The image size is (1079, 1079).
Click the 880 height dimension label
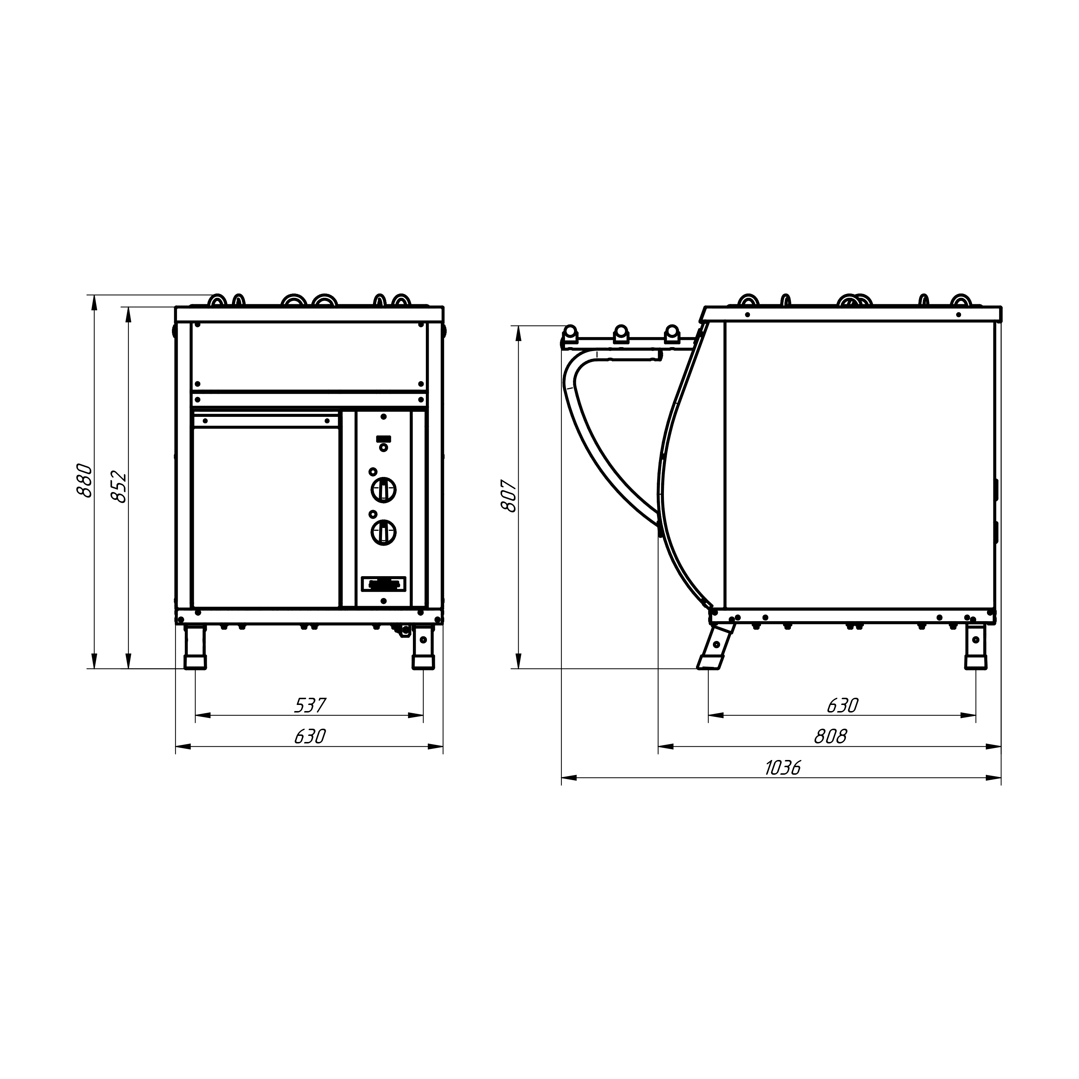click(84, 480)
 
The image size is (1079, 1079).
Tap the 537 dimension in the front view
click(309, 705)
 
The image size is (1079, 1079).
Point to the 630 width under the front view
click(309, 737)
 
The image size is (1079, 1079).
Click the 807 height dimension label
click(509, 495)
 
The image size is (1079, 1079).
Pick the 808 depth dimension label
click(830, 737)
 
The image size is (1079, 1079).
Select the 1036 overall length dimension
click(782, 768)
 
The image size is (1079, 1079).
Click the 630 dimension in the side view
click(842, 705)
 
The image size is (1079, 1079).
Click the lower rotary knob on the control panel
click(384, 532)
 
